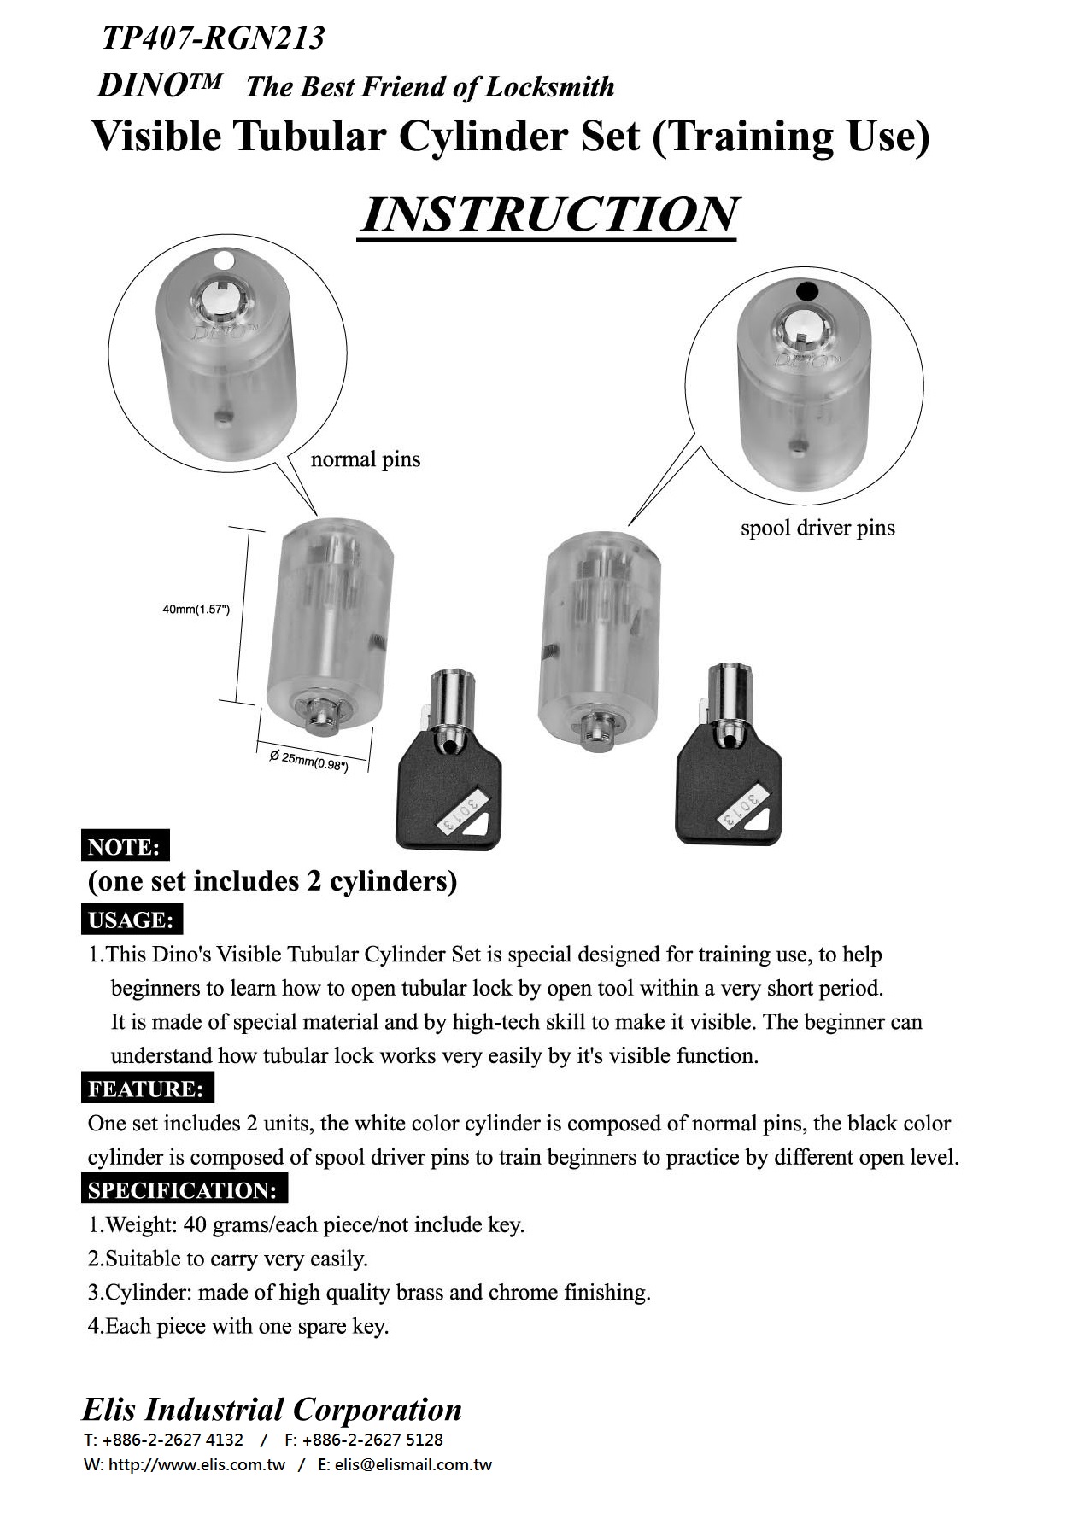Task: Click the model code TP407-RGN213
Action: (213, 38)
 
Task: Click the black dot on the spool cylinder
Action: (806, 291)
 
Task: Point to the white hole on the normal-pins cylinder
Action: (223, 259)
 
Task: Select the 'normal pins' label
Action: (366, 460)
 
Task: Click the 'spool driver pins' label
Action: (817, 529)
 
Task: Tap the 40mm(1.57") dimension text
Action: (196, 610)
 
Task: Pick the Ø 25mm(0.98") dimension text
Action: (308, 761)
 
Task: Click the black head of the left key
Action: (448, 803)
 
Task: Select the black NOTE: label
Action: (125, 847)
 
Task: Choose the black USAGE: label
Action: (132, 920)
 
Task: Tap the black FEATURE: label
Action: (147, 1089)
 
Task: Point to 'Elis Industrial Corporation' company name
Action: (272, 1409)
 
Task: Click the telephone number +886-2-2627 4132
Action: (172, 1440)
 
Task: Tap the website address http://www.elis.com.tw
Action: (197, 1465)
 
